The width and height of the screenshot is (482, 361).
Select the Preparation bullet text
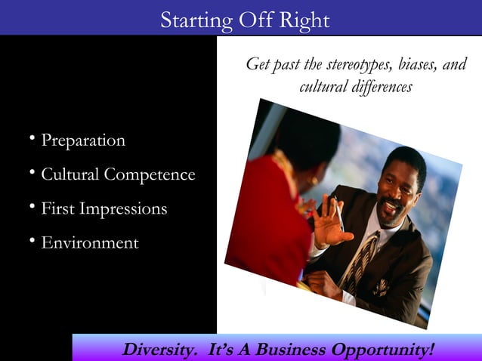pos(83,140)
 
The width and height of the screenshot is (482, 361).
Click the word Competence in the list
pos(150,175)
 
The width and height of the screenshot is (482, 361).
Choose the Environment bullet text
pos(89,243)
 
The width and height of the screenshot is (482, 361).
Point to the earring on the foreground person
pos(314,181)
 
